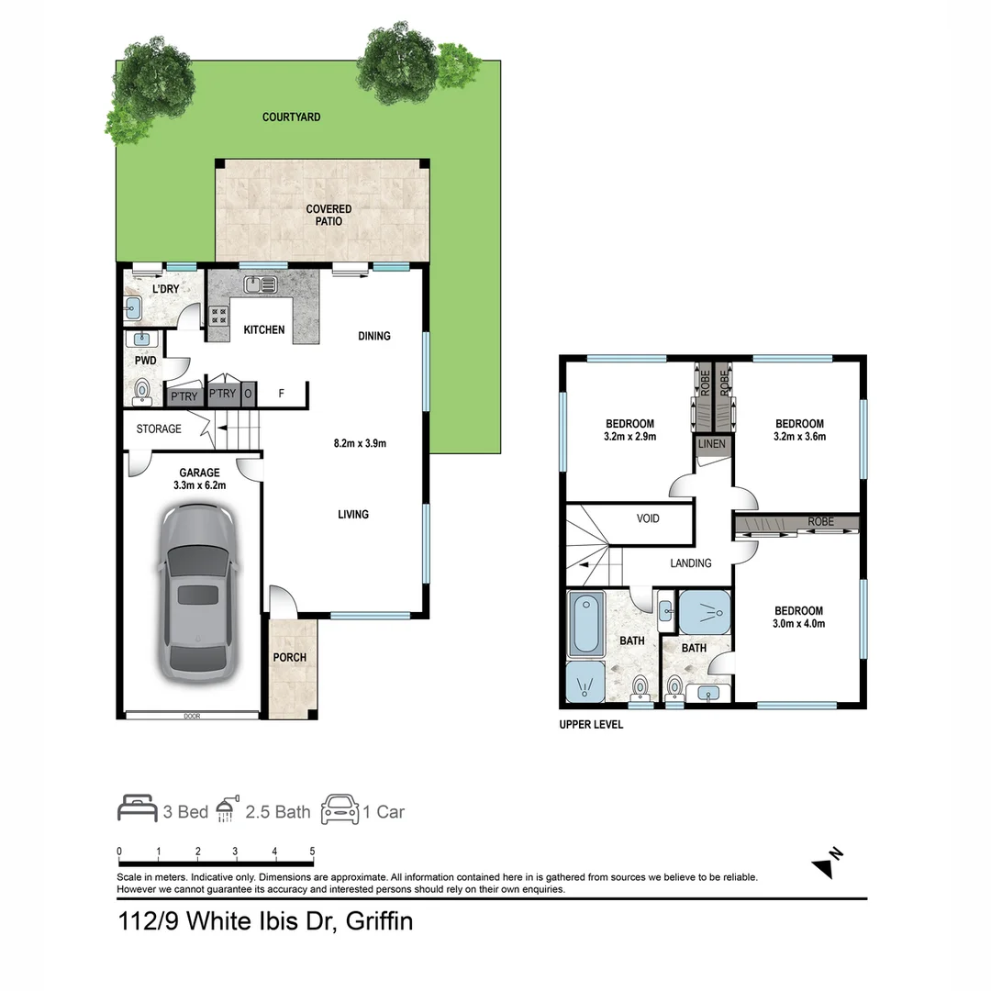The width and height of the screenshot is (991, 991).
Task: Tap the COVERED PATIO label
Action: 328,216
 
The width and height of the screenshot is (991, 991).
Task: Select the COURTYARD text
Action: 291,117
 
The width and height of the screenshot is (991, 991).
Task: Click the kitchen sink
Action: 261,284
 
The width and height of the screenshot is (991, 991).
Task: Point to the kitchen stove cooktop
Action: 219,317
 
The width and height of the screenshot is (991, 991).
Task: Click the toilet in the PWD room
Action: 142,394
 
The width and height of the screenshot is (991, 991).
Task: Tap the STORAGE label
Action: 159,429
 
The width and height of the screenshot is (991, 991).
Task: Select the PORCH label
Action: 289,658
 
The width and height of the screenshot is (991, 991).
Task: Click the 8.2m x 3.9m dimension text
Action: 360,443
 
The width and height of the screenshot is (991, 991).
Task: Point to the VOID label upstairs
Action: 648,518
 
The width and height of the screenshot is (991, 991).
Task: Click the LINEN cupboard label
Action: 712,444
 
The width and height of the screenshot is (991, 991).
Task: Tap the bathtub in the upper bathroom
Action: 585,624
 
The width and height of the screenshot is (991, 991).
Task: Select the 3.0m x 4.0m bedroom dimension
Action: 798,624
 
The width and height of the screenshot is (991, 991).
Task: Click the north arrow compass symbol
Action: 828,863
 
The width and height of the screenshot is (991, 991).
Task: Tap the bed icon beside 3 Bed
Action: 138,809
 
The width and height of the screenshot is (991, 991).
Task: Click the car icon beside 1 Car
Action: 340,809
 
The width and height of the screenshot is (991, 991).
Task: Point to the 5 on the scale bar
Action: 313,852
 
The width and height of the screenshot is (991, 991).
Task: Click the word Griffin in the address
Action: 379,920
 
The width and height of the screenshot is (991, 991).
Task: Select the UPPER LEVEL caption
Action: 591,725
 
